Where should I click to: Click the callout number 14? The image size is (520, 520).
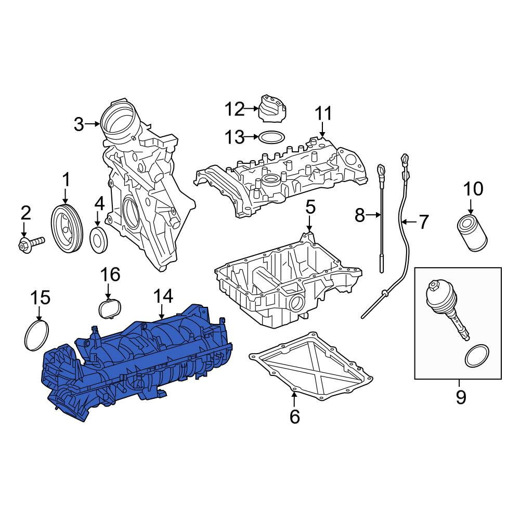click(163, 296)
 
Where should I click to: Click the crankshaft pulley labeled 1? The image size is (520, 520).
click(67, 229)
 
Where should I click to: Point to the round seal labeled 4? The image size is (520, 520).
click(99, 239)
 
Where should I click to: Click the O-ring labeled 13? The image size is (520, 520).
click(271, 137)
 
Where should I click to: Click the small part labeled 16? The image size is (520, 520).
click(110, 309)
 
